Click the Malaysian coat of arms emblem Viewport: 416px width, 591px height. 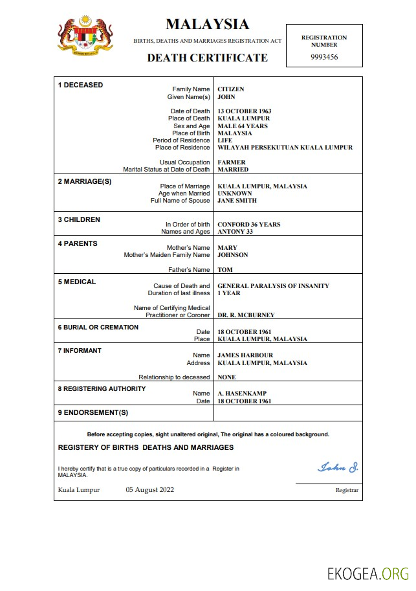pyautogui.click(x=85, y=37)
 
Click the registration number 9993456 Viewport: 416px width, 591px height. pyautogui.click(x=323, y=57)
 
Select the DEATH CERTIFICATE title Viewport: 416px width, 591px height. pyautogui.click(x=207, y=58)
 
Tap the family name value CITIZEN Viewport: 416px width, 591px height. pyautogui.click(x=231, y=89)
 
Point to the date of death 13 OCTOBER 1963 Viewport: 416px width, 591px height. pyautogui.click(x=244, y=111)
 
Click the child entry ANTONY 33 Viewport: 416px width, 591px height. pyautogui.click(x=235, y=232)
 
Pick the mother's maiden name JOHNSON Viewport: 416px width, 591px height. pyautogui.click(x=232, y=255)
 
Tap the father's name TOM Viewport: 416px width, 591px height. pyautogui.click(x=224, y=270)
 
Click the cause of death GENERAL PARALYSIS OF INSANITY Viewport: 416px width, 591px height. pyautogui.click(x=273, y=286)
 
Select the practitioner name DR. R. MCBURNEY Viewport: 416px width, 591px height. pyautogui.click(x=246, y=315)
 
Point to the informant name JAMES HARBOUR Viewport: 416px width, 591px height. pyautogui.click(x=245, y=355)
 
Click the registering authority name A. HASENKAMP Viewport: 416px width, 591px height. pyautogui.click(x=242, y=394)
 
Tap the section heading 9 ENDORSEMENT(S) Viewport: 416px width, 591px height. pyautogui.click(x=93, y=412)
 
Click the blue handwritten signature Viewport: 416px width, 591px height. pyautogui.click(x=337, y=467)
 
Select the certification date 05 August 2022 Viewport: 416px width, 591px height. pyautogui.click(x=149, y=490)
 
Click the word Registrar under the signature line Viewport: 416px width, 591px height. pyautogui.click(x=347, y=491)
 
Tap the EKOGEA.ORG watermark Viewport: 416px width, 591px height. pyautogui.click(x=368, y=574)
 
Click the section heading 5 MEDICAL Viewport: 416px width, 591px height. pyautogui.click(x=77, y=282)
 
